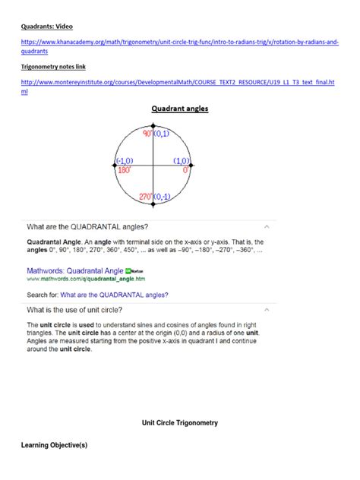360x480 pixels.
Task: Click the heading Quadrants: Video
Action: [x=46, y=24]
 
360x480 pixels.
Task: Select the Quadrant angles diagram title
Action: [x=179, y=109]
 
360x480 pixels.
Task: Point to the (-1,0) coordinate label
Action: [x=125, y=161]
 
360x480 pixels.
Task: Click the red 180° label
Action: [x=125, y=170]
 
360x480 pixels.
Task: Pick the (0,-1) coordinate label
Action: [x=163, y=197]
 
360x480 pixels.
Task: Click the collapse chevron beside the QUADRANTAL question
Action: [x=266, y=226]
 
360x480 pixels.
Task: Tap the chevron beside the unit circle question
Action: [x=266, y=310]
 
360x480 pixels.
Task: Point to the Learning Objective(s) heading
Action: [x=54, y=445]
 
